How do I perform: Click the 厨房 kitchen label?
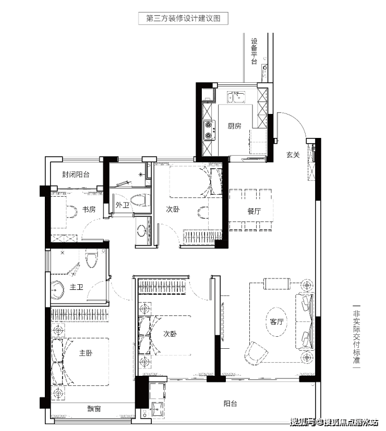pos(234,126)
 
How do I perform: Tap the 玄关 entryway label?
pos(293,155)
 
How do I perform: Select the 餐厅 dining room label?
pos(254,211)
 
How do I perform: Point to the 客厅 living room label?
pos(276,322)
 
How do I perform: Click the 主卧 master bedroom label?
pos(86,353)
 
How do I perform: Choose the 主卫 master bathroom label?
pos(76,287)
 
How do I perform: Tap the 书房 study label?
pos(89,209)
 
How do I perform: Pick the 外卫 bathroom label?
pos(123,205)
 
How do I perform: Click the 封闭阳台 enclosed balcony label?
pos(76,174)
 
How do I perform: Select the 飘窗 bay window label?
pos(94,409)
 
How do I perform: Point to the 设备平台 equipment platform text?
pos(254,52)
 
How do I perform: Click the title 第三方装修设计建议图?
pos(183,18)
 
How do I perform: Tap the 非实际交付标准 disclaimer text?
pos(356,336)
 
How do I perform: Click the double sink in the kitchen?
pos(236,97)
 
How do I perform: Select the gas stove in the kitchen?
pos(209,130)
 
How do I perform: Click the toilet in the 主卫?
pos(92,259)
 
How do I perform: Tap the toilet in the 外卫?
pos(140,200)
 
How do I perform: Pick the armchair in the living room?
pos(256,353)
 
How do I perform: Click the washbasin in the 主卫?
pos(57,290)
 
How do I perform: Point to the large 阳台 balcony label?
pos(230,403)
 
